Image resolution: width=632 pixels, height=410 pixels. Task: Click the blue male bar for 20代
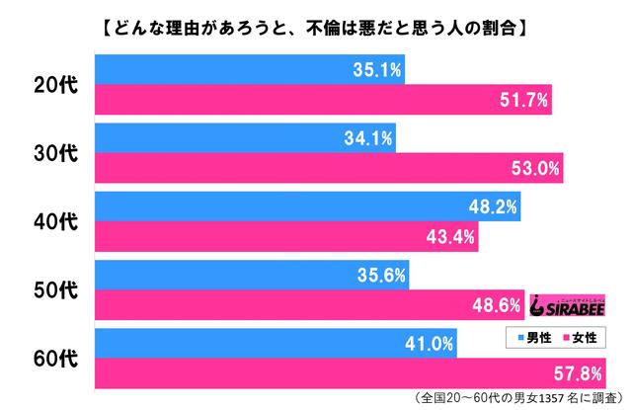tap(247, 69)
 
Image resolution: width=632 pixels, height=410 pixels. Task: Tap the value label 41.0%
tap(429, 344)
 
